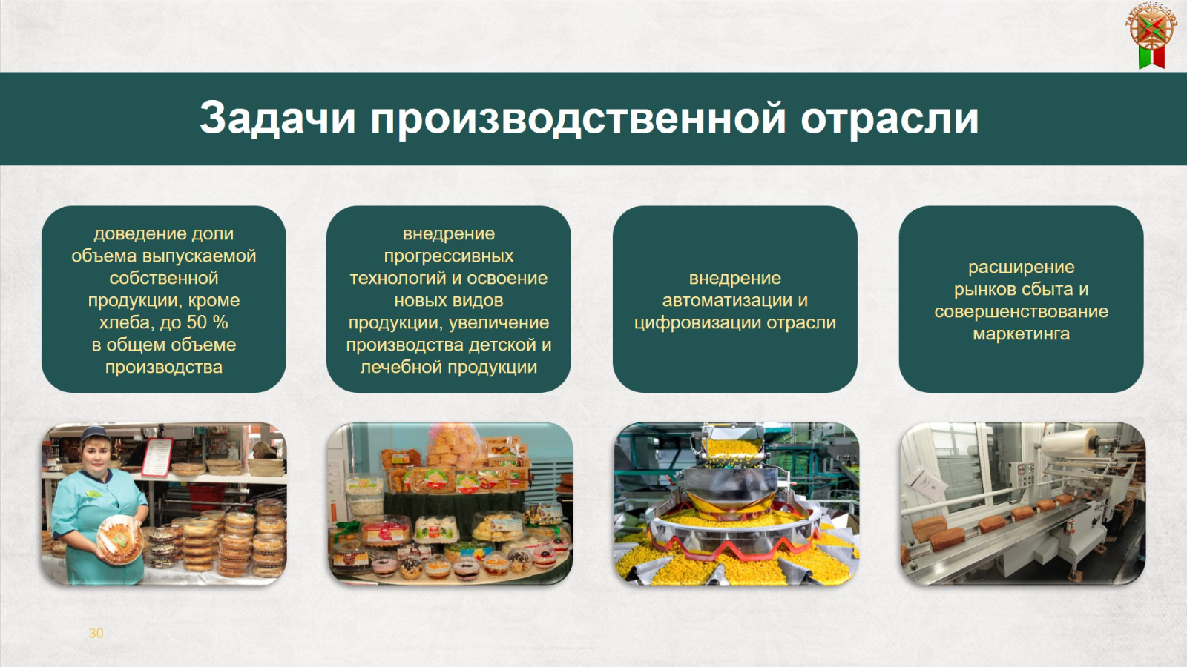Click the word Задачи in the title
(x=277, y=119)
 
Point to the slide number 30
(x=96, y=633)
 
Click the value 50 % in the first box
(x=207, y=322)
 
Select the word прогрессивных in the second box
(x=449, y=256)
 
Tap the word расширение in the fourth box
(x=1021, y=268)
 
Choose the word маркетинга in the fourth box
(x=1021, y=334)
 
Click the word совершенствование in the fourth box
(x=1021, y=312)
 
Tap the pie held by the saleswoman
(x=120, y=539)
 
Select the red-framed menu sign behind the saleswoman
(x=157, y=457)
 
